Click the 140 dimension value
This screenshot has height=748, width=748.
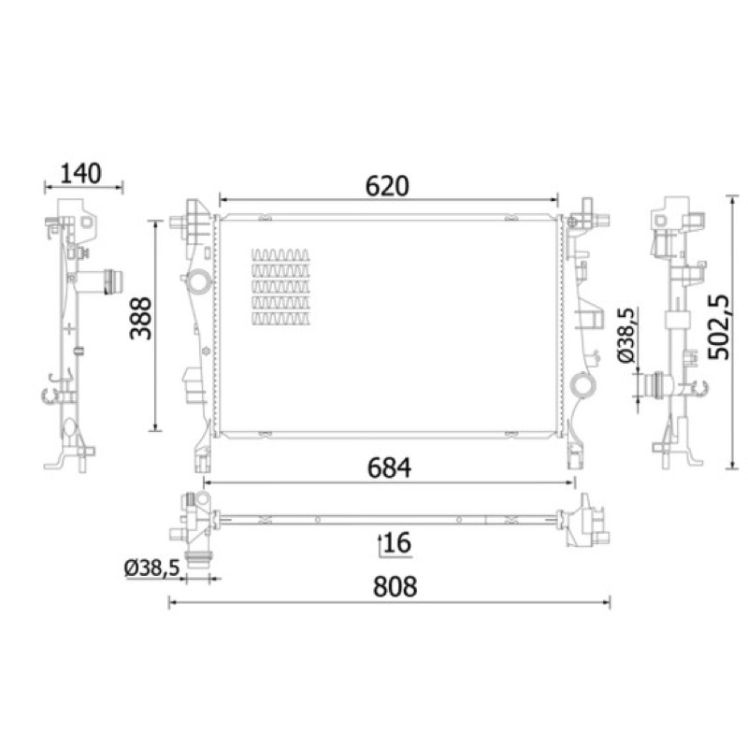pyautogui.click(x=81, y=173)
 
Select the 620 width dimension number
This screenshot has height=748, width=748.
pyautogui.click(x=387, y=186)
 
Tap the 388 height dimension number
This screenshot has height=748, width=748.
pyautogui.click(x=141, y=318)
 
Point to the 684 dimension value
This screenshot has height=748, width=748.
pyautogui.click(x=389, y=468)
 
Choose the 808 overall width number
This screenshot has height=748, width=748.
pyautogui.click(x=395, y=587)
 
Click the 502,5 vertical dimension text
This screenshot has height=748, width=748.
pyautogui.click(x=719, y=327)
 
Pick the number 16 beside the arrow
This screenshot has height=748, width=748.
pyautogui.click(x=397, y=543)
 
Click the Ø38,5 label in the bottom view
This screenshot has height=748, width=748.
pyautogui.click(x=152, y=568)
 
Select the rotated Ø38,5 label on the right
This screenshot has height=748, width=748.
pyautogui.click(x=626, y=335)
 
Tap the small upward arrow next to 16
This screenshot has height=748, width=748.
pyautogui.click(x=381, y=545)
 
